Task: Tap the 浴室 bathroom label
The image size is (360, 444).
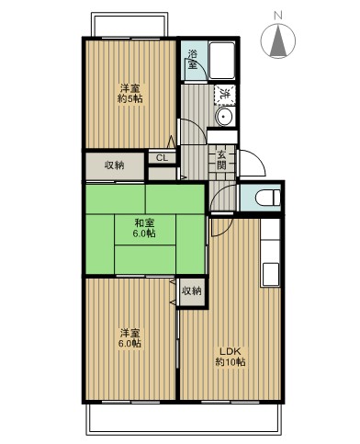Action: (193, 59)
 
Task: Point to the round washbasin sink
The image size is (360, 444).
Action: (222, 117)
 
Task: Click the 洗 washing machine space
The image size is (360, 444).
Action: (223, 94)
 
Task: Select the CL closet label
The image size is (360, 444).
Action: (161, 158)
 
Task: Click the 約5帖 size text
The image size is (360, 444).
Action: (129, 99)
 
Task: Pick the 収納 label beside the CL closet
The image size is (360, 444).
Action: (115, 165)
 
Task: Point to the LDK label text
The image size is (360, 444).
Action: (231, 350)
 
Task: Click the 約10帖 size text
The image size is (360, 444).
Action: (231, 362)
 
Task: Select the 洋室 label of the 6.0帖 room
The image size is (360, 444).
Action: (129, 332)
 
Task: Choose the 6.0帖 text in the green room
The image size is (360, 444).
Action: (143, 233)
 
